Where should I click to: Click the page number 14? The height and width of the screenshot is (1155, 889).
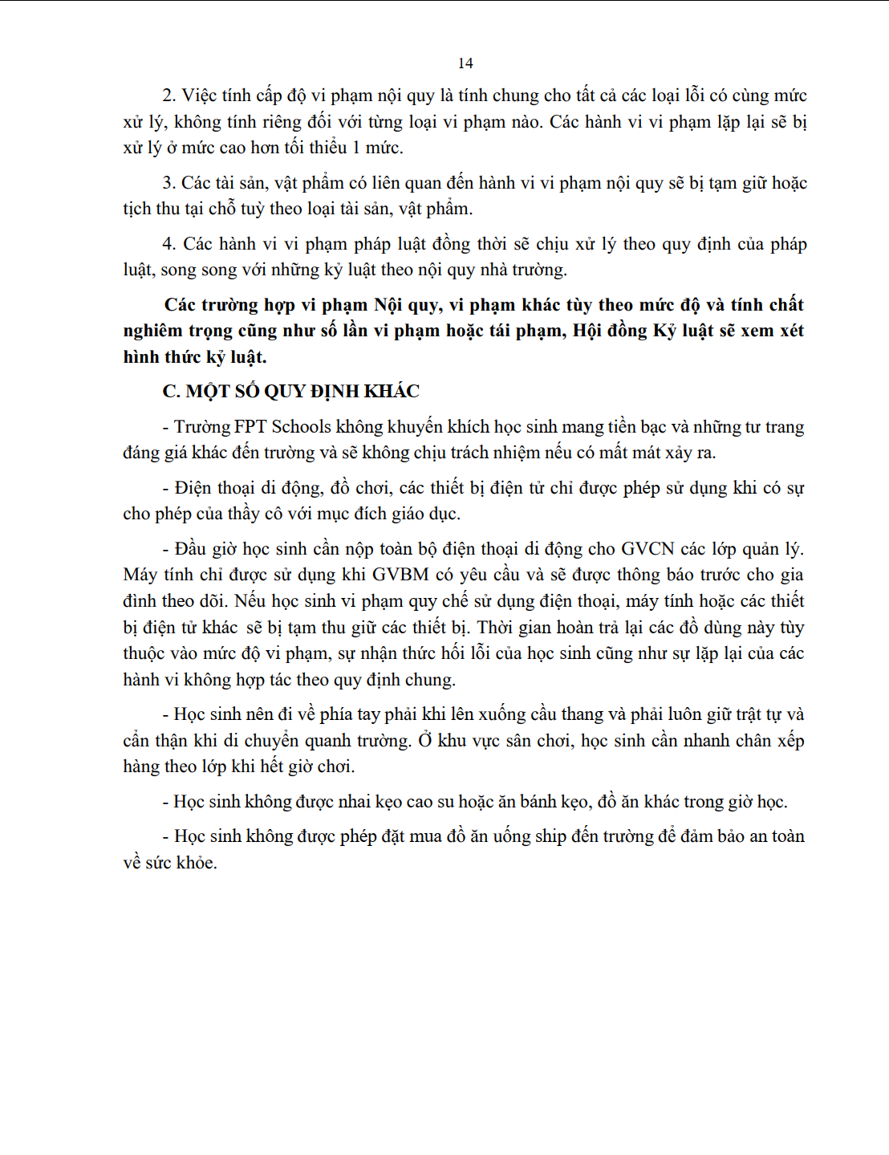(x=465, y=63)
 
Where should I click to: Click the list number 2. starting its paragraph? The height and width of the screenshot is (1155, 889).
(x=168, y=96)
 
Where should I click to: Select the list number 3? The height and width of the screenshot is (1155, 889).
(x=168, y=184)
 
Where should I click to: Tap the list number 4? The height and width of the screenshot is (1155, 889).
(x=169, y=245)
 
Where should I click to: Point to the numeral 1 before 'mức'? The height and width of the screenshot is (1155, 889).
(x=357, y=148)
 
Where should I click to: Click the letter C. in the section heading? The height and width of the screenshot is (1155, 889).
(x=171, y=392)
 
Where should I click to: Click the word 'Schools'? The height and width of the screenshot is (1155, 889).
(x=301, y=427)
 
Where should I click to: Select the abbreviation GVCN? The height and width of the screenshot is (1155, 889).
(x=648, y=550)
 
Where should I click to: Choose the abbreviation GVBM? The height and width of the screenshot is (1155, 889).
(x=400, y=575)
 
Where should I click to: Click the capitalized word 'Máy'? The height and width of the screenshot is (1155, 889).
(x=140, y=575)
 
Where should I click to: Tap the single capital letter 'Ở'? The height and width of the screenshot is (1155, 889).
(x=425, y=741)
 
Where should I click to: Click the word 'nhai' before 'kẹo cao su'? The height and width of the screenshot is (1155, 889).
(x=354, y=802)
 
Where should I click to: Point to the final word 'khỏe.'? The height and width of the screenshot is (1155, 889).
(x=197, y=864)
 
